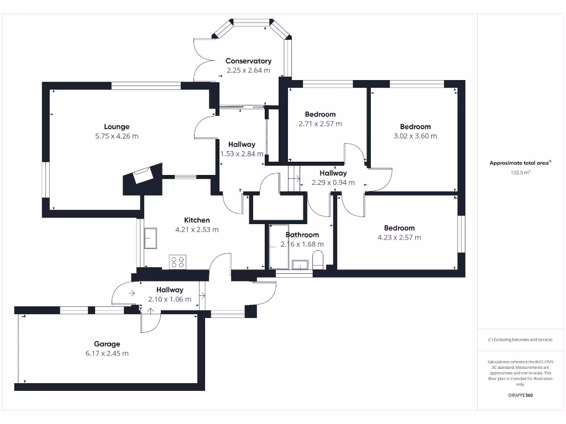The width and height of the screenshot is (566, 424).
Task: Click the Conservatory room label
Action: click(x=248, y=61)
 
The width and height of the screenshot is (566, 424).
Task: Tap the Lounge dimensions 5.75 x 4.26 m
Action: click(x=117, y=136)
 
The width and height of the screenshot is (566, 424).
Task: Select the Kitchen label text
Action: click(x=197, y=220)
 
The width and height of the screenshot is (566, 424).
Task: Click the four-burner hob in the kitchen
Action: click(x=178, y=262)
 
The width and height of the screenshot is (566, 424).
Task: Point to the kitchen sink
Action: click(x=150, y=239)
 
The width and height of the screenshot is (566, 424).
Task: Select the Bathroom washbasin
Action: click(x=300, y=264)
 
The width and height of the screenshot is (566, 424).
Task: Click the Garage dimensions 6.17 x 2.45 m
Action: click(x=107, y=353)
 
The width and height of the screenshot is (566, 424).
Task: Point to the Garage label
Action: click(x=107, y=344)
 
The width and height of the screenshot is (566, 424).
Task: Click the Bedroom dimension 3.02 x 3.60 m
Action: click(x=415, y=136)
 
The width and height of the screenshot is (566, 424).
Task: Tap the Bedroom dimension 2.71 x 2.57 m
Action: click(x=320, y=124)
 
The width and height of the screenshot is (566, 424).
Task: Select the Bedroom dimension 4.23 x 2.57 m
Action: click(x=399, y=237)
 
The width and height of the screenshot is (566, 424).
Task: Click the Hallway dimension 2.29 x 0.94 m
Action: click(x=333, y=182)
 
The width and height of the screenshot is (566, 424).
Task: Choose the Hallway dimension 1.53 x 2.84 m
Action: click(x=242, y=154)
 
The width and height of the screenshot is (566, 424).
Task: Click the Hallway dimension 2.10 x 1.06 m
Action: click(x=170, y=299)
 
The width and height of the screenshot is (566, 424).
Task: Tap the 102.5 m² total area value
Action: click(x=520, y=172)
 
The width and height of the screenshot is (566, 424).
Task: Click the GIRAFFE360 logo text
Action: click(x=520, y=395)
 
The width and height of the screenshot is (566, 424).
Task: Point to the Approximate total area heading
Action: click(x=520, y=163)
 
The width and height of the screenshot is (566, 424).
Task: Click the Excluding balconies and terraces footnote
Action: click(x=520, y=340)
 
